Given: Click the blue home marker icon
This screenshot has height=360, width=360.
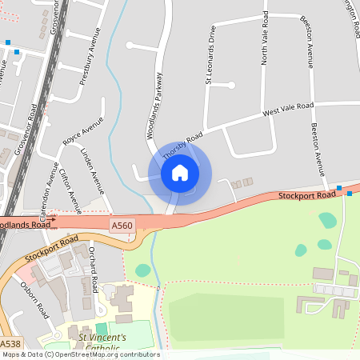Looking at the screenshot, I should tap(179, 172).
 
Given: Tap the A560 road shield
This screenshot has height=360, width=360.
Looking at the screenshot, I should tap(122, 226).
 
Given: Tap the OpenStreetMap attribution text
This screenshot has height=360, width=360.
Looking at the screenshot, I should tap(81, 354).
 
